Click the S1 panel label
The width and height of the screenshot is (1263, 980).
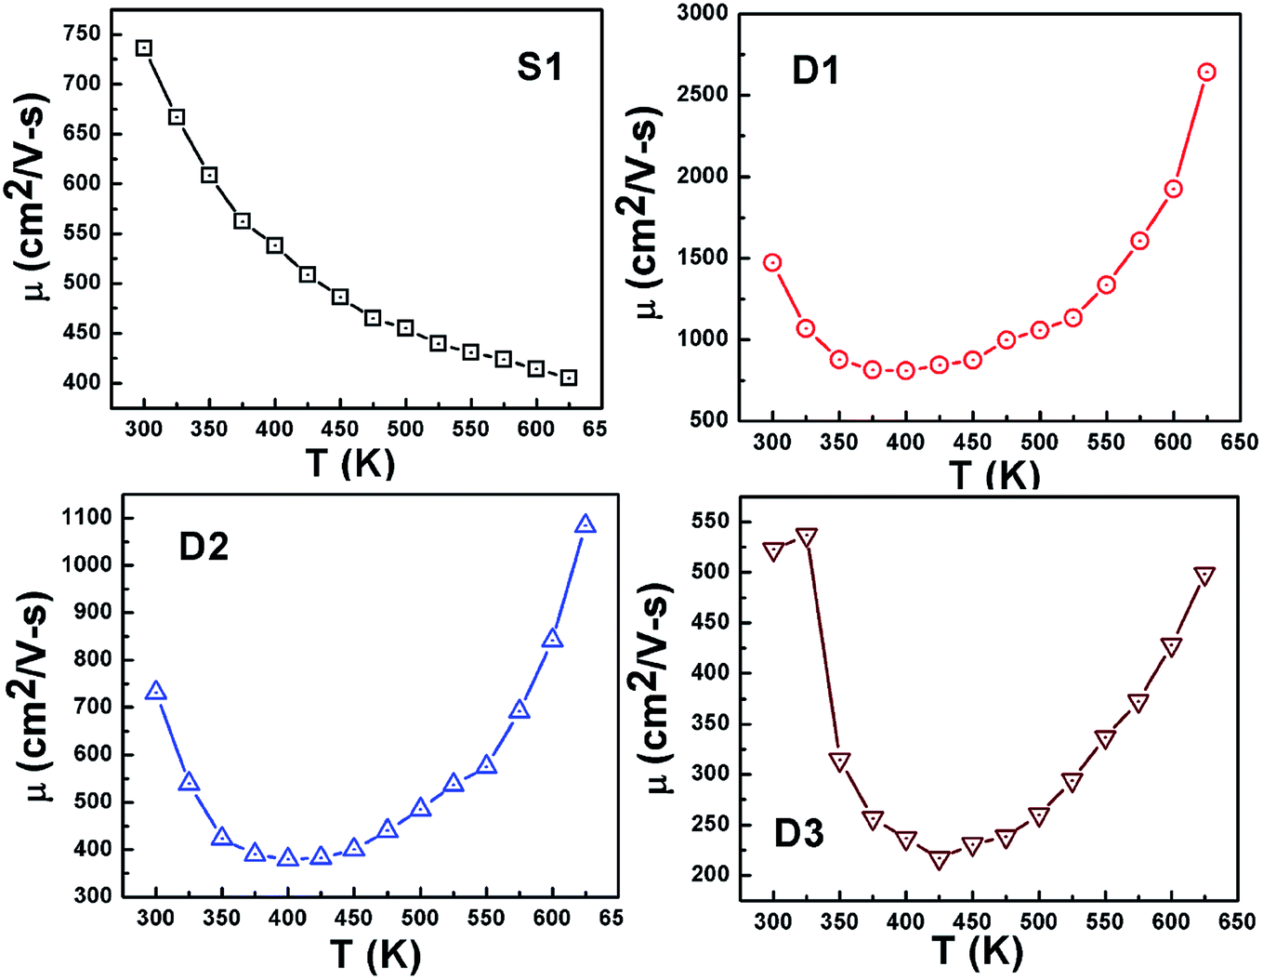(539, 67)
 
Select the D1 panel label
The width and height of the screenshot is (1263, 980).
(815, 70)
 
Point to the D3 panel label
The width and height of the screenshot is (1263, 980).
(798, 834)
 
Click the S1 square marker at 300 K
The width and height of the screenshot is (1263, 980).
(144, 48)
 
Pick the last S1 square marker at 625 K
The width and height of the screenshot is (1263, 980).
(569, 377)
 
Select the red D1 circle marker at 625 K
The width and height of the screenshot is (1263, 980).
(1206, 73)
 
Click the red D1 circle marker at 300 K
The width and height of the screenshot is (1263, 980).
(772, 263)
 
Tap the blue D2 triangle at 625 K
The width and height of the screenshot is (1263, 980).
(585, 525)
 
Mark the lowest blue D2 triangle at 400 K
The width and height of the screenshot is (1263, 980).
(288, 857)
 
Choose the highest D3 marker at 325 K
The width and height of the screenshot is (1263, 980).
(807, 536)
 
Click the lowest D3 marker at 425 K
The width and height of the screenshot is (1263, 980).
(940, 860)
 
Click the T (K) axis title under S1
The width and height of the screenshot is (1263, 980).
(350, 461)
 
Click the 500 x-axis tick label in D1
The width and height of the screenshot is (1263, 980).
(1039, 442)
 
